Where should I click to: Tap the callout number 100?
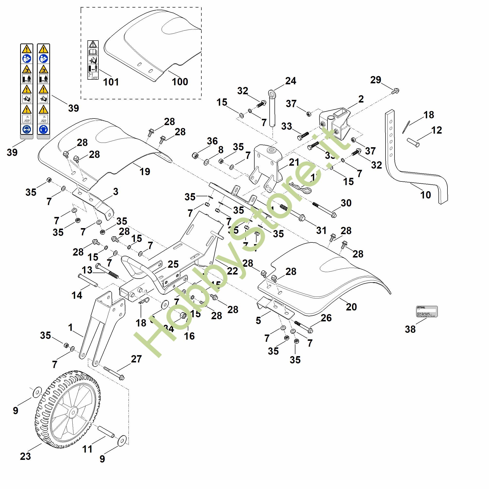[180, 82]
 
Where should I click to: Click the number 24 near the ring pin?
[291, 81]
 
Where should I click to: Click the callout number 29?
[376, 80]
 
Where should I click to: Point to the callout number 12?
[437, 130]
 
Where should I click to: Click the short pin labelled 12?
[413, 142]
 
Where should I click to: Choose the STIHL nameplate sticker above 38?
[427, 311]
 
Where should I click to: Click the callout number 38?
[410, 329]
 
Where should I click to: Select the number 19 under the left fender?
[145, 172]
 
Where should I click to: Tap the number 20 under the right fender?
[351, 307]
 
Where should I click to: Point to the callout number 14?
[77, 295]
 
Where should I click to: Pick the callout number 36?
[212, 141]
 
